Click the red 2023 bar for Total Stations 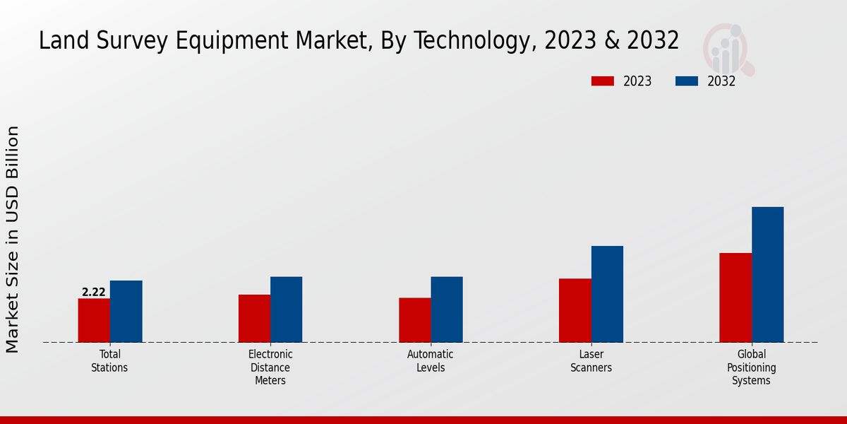click(94, 320)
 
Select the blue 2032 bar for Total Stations click(126, 312)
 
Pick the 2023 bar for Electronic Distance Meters click(254, 318)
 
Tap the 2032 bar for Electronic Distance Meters click(286, 310)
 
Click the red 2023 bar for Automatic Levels click(414, 320)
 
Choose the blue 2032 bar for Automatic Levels click(447, 310)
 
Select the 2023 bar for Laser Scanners click(575, 310)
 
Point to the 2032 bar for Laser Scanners click(607, 294)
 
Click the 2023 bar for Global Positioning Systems click(735, 298)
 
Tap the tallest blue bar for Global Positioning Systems click(767, 274)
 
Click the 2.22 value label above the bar click(94, 292)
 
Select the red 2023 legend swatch click(603, 81)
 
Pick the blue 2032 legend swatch click(687, 81)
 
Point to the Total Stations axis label click(109, 361)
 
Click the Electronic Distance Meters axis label click(270, 367)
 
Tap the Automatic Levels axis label click(431, 361)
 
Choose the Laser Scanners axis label click(591, 361)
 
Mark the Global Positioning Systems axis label click(752, 367)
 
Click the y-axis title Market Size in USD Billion click(13, 239)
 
